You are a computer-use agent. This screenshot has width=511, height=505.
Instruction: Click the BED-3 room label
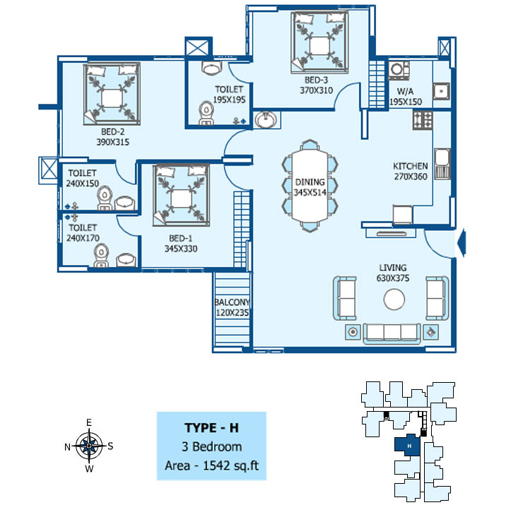[316, 80]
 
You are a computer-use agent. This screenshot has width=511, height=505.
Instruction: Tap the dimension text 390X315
[113, 142]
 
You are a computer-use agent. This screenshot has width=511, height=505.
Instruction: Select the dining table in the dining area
[310, 186]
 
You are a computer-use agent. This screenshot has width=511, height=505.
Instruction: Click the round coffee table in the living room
[394, 299]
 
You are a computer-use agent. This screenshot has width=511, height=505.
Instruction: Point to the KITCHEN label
[411, 166]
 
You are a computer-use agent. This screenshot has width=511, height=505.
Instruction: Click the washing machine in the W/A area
[399, 70]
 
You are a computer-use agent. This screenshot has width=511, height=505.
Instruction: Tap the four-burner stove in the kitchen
[423, 120]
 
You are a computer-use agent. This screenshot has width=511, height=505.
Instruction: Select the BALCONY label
[232, 302]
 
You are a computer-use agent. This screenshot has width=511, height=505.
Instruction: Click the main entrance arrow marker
[462, 243]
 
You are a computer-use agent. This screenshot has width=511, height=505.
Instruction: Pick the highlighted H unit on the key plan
[407, 445]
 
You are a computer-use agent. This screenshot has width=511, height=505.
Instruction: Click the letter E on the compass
[89, 422]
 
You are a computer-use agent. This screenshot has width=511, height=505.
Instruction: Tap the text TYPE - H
[211, 428]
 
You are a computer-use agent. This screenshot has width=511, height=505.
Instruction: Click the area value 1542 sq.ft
[230, 465]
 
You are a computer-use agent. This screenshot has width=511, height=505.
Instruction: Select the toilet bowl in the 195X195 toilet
[206, 113]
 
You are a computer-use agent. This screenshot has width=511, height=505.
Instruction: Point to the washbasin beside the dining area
[266, 119]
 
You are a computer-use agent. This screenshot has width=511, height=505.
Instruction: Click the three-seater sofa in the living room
[392, 333]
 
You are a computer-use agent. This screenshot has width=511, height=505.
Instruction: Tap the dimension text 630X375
[393, 278]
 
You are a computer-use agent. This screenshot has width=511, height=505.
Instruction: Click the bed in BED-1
[181, 195]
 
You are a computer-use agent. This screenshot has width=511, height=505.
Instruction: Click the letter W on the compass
[89, 469]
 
